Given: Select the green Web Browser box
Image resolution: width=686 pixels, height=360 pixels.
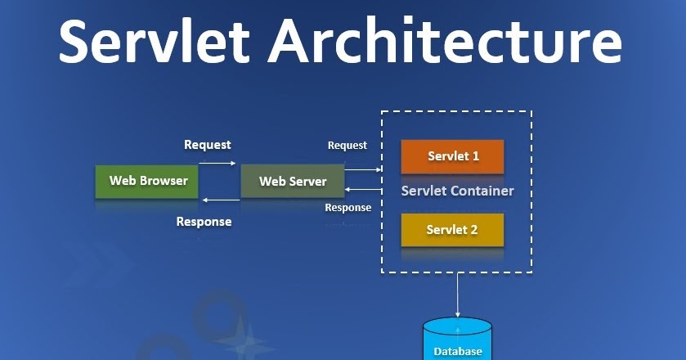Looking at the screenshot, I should point(147,181).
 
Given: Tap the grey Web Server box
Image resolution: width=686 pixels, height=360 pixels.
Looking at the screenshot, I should point(292,181).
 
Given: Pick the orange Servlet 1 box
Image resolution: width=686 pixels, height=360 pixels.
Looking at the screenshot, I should point(452,155).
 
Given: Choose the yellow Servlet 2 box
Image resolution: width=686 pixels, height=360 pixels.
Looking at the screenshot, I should point(452,230).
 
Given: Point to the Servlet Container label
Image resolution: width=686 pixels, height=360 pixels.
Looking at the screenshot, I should point(457,191).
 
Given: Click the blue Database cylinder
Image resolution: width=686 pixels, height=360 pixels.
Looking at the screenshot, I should point(457,340).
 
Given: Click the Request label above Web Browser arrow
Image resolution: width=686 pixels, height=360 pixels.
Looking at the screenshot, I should point(208,145).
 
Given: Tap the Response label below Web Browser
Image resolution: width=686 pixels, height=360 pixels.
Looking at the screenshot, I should point(204,222).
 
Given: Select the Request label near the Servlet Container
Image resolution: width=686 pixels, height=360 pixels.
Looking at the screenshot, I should point(347,146).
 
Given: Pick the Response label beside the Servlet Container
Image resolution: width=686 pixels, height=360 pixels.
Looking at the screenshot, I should point(348,208).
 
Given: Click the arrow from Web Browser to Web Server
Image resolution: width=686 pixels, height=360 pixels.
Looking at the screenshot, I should point(217,163).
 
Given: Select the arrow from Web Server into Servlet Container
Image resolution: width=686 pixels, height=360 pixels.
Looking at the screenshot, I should point(363,169).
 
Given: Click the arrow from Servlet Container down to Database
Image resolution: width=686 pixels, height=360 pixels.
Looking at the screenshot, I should point(457,295).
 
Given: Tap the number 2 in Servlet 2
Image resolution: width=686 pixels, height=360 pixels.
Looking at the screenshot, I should point(474,230).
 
